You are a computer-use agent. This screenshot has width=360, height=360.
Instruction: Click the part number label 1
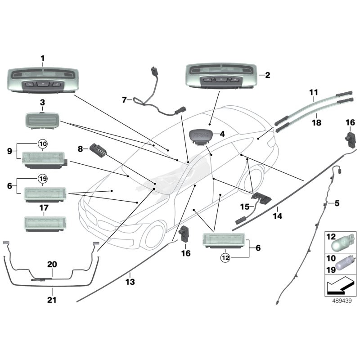coord(43,58)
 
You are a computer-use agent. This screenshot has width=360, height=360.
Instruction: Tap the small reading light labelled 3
coord(42,121)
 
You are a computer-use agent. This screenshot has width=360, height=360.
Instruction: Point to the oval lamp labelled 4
coord(201,135)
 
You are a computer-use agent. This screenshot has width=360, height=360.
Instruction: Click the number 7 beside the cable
coord(125,100)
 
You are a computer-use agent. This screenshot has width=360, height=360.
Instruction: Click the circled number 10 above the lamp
coord(42,144)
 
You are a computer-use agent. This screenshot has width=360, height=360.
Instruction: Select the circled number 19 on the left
coord(42,179)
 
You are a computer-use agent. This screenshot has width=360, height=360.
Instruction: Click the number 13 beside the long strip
coord(130,282)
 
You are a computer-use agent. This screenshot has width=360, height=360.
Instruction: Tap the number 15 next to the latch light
coord(244,207)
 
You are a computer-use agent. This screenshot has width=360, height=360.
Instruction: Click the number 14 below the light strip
coord(277,216)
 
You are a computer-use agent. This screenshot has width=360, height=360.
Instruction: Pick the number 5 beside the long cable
coord(336,204)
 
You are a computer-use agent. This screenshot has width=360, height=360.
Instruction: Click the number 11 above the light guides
coord(314,93)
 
